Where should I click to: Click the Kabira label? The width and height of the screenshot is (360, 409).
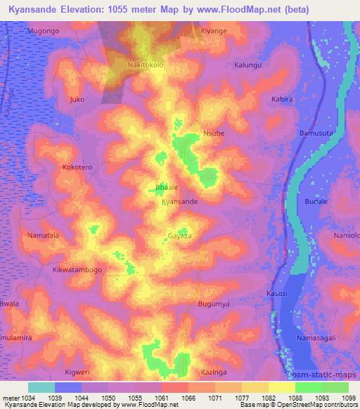coord(281,100)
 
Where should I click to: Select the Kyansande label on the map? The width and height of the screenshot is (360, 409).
coord(180,202)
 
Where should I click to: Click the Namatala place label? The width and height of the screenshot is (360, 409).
coord(44,235)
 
